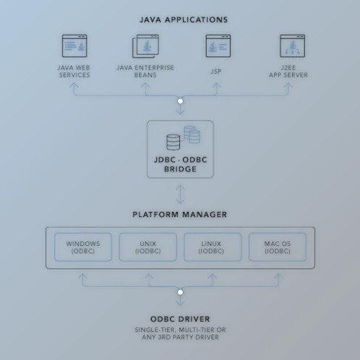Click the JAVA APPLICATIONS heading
(183, 20)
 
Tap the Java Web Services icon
(74, 46)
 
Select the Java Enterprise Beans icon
(145, 47)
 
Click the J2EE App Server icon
(292, 46)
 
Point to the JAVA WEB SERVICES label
(74, 71)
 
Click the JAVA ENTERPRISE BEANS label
(145, 71)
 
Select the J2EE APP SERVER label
(292, 71)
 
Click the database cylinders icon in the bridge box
(183, 138)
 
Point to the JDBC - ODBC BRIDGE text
(180, 165)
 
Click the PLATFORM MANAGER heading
(180, 215)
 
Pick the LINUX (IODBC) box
(211, 248)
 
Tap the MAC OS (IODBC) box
(277, 248)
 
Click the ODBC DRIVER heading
(180, 318)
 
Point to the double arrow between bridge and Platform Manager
(180, 194)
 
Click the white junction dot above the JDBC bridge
(180, 101)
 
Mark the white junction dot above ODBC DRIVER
(180, 293)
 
